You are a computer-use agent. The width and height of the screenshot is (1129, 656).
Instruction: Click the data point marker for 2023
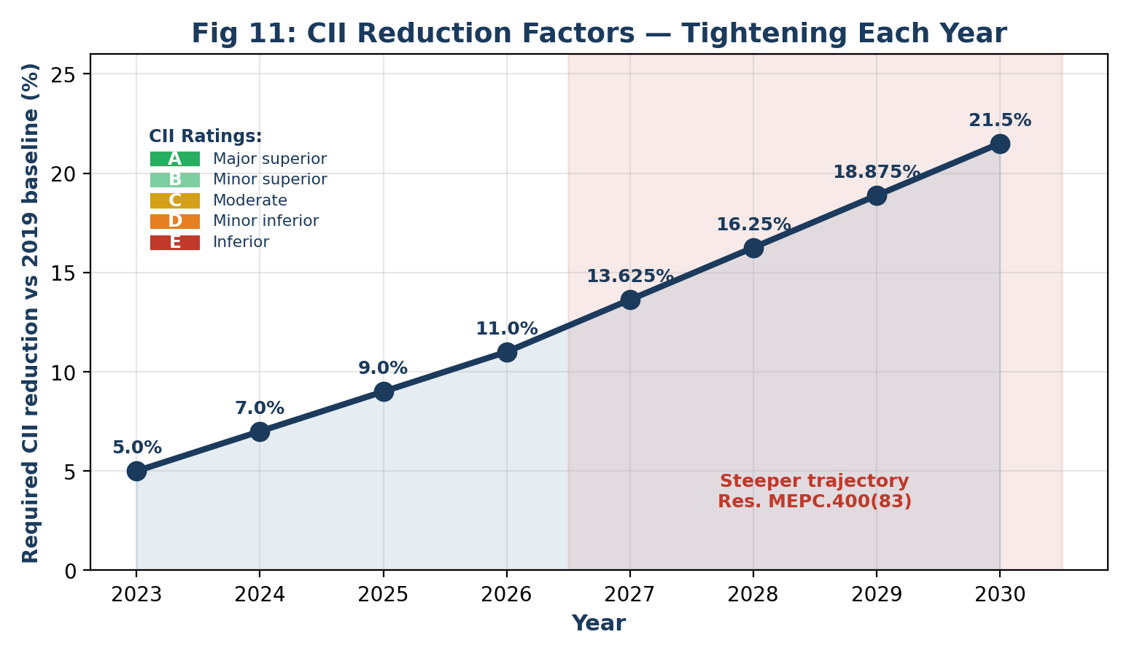coord(136,472)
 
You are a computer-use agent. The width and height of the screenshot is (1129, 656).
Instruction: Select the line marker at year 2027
coord(630,300)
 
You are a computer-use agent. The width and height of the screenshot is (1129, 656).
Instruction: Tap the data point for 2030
coord(1000,144)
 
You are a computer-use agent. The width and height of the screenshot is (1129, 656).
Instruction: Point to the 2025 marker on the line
coord(384,391)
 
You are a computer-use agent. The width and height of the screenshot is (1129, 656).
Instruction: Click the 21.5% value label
coord(1000,120)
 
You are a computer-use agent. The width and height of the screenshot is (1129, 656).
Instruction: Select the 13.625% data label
coord(630,276)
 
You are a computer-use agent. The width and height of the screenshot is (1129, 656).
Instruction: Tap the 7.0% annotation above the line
coord(260,408)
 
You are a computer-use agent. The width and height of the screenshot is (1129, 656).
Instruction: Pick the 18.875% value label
coord(877,172)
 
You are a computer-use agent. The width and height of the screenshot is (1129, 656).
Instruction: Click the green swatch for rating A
coord(175,159)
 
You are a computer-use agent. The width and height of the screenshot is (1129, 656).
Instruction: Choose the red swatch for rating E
coord(175,242)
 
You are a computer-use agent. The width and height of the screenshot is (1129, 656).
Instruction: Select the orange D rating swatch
coord(175,221)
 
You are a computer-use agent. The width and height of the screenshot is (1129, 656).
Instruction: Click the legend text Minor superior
coord(270,179)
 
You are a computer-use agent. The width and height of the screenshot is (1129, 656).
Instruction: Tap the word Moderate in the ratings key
coord(250,200)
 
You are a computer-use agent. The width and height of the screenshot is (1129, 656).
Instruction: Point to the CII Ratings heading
coord(205,136)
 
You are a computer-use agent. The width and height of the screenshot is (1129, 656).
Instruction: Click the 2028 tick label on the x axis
coord(753,595)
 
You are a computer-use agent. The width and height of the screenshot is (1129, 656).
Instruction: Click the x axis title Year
coord(599,623)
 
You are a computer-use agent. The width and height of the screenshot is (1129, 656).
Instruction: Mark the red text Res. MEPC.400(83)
coord(815,501)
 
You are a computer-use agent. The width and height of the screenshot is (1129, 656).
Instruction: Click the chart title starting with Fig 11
coord(600,34)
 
